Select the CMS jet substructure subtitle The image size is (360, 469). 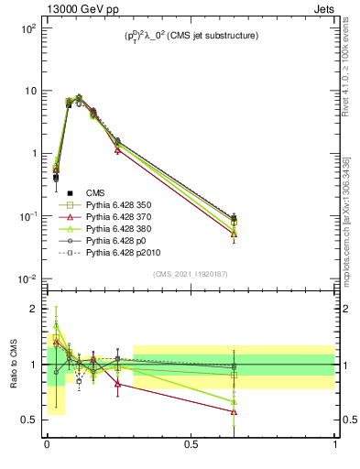[190, 36]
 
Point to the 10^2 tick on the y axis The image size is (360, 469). [27, 28]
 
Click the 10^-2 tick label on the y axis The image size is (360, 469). [27, 278]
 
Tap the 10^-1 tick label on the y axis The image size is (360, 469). [27, 216]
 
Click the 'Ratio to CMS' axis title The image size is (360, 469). [13, 365]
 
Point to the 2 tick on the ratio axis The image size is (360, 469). [33, 309]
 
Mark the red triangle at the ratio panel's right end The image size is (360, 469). [234, 411]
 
